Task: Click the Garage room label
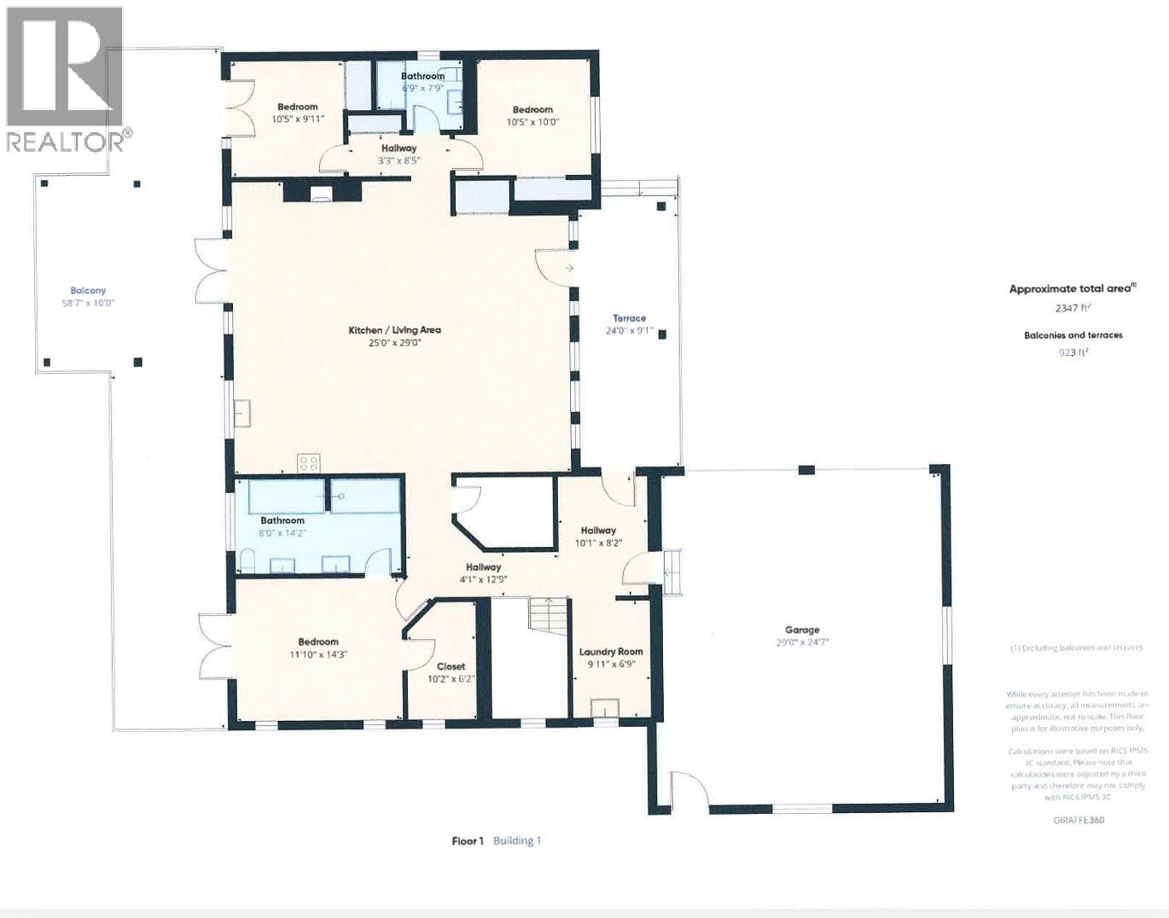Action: pos(802,630)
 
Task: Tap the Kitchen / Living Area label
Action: pos(394,330)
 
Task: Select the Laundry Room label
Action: pos(611,652)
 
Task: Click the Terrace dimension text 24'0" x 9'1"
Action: pos(629,331)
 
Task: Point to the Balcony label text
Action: pos(88,291)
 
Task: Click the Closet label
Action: pos(451,666)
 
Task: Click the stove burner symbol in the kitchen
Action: pos(308,463)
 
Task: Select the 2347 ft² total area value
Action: pos(1073,308)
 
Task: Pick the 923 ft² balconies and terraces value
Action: pos(1073,352)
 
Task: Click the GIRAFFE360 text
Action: pos(1079,820)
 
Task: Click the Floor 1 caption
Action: pos(468,840)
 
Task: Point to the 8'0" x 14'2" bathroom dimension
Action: pos(282,533)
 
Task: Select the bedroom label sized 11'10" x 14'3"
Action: pos(318,642)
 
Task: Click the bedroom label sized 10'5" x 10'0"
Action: pos(532,109)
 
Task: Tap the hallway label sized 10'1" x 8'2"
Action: pos(598,530)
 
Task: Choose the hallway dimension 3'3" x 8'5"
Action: pos(398,160)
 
